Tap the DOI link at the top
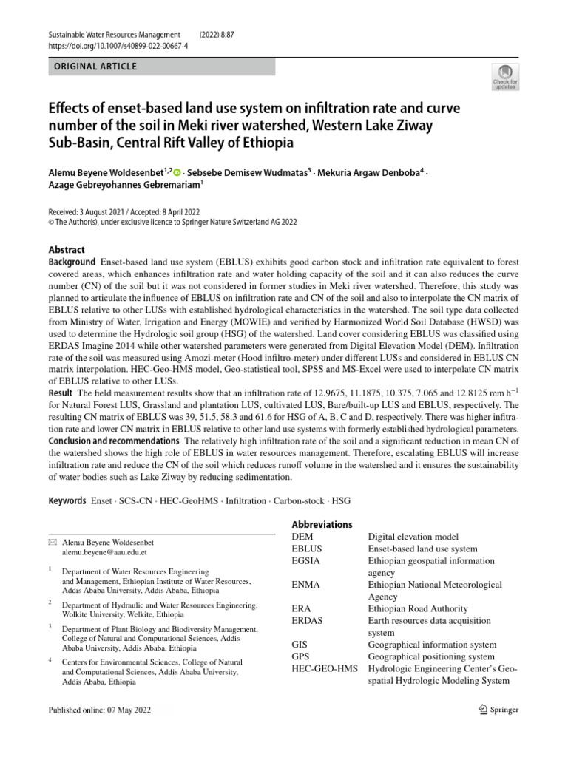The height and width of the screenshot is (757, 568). (x=118, y=45)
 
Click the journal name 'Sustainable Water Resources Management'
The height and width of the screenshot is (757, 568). (x=114, y=35)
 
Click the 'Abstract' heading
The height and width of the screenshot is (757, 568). (x=67, y=250)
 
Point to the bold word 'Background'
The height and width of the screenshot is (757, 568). (x=72, y=262)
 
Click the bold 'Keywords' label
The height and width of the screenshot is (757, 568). (x=67, y=501)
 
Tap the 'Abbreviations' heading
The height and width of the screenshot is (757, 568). (x=322, y=524)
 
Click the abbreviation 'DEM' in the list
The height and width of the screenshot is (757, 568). (x=303, y=537)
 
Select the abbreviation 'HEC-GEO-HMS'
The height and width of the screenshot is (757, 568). (x=324, y=669)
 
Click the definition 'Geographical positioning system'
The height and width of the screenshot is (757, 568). (x=431, y=656)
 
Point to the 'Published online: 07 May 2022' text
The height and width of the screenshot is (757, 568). (x=101, y=710)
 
